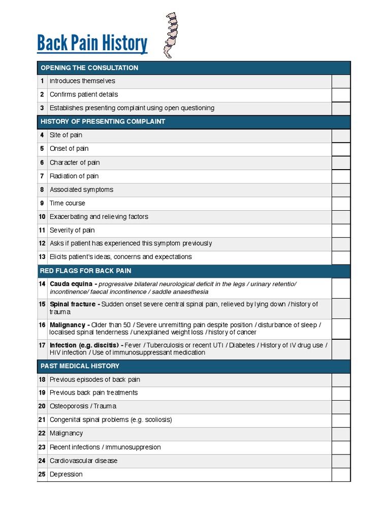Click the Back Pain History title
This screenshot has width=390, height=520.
tap(92, 44)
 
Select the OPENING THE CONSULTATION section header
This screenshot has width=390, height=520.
tap(89, 68)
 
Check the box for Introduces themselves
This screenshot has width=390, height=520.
tap(341, 81)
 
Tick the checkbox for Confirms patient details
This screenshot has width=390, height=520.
tap(341, 94)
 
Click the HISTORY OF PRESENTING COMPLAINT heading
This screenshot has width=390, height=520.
tap(103, 122)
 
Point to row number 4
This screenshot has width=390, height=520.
tap(42, 135)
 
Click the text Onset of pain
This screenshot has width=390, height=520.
tap(69, 149)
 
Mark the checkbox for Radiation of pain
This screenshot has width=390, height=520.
tap(341, 176)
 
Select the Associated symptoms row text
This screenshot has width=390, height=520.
tap(81, 189)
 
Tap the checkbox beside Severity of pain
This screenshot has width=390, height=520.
tap(341, 230)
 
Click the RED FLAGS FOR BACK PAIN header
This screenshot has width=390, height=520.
tap(85, 271)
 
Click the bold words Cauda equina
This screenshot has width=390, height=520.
tap(72, 284)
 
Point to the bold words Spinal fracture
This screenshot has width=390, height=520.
tap(72, 304)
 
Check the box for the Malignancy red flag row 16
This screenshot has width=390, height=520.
tap(341, 329)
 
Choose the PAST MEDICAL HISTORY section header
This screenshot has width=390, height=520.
tap(80, 366)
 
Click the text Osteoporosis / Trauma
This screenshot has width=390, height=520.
tap(83, 406)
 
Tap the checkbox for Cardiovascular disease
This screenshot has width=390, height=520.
tap(341, 461)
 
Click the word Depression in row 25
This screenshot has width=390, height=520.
tap(66, 474)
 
